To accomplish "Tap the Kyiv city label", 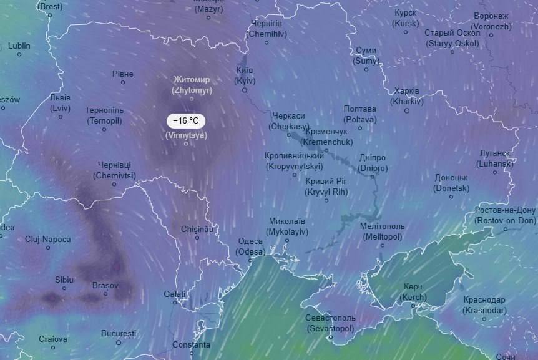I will coord(245,75).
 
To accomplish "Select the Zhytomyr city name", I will coord(192,85).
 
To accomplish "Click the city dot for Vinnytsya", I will coord(186,144).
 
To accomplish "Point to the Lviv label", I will coord(61,103).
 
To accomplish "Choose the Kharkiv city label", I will coord(407,96).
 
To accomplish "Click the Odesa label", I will coord(250,246).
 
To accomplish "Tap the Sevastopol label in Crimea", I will coord(330,323).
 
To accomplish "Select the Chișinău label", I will coord(197,229).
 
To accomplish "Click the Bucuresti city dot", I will coord(119,343).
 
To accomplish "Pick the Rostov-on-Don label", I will coord(505,215).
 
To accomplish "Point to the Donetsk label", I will coord(451,182).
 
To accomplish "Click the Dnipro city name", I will coord(373,163).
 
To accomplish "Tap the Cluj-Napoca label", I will coord(48,239).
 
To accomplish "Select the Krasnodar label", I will coord(484,304).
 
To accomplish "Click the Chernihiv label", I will coord(267,29).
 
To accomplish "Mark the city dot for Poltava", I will coord(360,128).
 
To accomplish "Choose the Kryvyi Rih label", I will coord(326,186).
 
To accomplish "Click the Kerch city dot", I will coord(414,306).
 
